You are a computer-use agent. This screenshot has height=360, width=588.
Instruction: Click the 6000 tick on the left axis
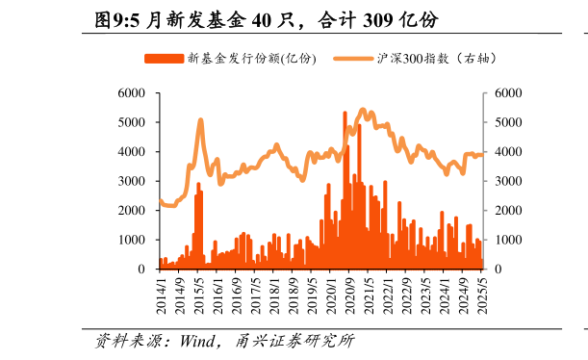point(131,93)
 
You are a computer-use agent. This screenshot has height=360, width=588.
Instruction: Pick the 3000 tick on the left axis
point(131,181)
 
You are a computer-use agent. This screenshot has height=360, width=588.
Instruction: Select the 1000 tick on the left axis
point(131,240)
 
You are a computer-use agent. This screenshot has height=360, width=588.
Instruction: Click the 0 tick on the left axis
point(141,269)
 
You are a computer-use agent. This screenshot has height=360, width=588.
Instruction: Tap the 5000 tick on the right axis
point(508,122)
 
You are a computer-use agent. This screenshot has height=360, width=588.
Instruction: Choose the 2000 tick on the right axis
point(508,210)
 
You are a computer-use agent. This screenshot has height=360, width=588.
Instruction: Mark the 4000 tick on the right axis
point(508,152)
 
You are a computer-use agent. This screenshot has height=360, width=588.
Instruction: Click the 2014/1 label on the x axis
point(162,291)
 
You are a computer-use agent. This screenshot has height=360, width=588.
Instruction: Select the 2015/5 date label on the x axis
point(199,291)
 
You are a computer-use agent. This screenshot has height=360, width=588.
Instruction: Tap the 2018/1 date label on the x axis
point(275,291)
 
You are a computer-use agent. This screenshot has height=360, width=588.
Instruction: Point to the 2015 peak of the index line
point(200,120)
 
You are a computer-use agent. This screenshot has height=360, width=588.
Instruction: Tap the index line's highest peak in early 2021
point(362,111)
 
